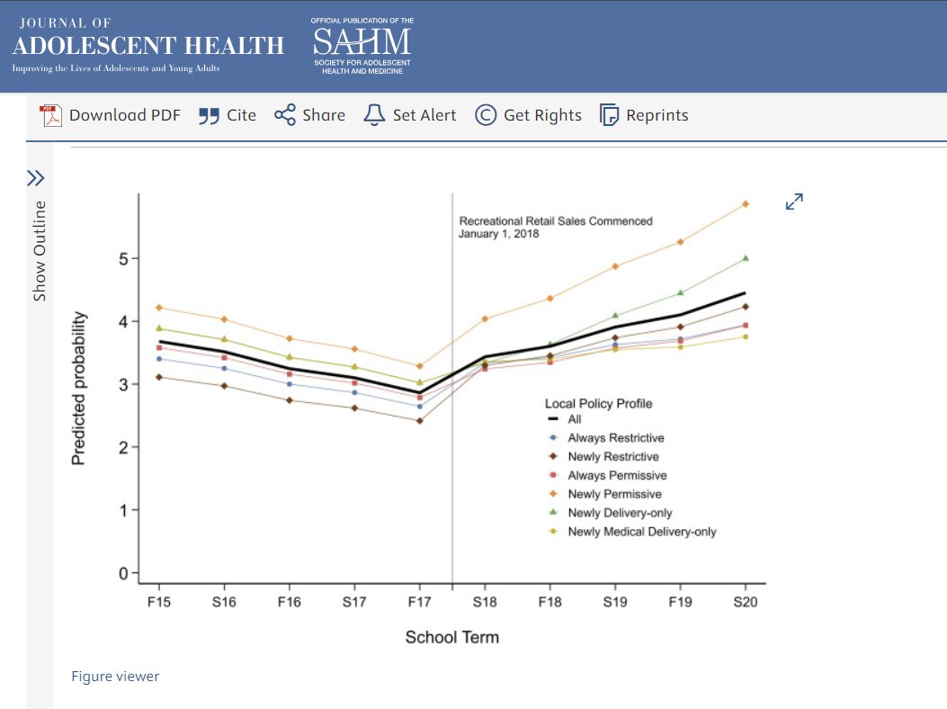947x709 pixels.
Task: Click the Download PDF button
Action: [110, 115]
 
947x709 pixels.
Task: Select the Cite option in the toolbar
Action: [227, 115]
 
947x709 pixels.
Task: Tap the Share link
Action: [309, 115]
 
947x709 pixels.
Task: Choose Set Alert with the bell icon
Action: [409, 115]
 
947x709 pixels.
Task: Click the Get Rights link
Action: [528, 115]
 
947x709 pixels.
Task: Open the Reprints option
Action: [644, 115]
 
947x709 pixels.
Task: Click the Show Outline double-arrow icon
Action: [35, 177]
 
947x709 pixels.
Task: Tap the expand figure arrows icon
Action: [794, 202]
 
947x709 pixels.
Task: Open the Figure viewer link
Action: [115, 676]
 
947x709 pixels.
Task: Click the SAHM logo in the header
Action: [362, 45]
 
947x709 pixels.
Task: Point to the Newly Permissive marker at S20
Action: [745, 204]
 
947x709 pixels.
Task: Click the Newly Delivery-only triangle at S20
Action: [745, 258]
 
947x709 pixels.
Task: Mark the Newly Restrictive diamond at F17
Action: [419, 420]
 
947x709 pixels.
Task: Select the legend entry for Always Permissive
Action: [616, 475]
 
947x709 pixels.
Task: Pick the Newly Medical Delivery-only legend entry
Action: [640, 532]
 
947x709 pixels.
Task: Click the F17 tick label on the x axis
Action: [419, 602]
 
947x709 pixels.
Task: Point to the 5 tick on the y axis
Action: [124, 258]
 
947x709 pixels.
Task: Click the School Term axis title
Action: [451, 637]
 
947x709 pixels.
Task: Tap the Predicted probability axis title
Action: [79, 388]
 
